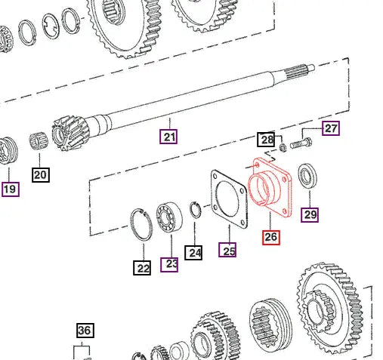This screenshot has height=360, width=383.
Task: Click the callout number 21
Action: point(168,137)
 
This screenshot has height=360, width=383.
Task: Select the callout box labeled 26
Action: point(270,237)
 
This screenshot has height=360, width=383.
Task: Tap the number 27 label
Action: point(331,128)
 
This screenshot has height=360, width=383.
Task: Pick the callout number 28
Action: point(265,140)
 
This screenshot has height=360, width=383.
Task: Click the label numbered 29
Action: point(310,215)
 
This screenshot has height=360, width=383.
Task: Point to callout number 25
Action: point(227,249)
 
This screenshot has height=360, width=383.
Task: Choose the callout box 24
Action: point(195,252)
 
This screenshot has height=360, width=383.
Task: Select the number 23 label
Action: point(169,263)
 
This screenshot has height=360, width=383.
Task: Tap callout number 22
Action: point(143,266)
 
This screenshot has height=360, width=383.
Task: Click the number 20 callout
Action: point(40,175)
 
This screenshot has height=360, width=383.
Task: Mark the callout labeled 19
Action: point(9,189)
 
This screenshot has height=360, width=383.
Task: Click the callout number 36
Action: point(84,330)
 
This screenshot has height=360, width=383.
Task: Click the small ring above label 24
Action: point(195,211)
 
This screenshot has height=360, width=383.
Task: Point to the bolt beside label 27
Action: point(299,143)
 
